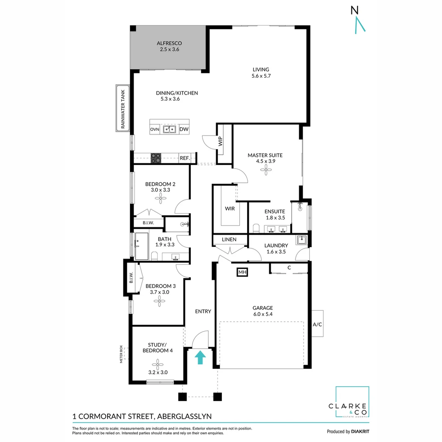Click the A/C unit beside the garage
coord(317,324)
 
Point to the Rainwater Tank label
coord(122,108)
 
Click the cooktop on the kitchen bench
coord(156,158)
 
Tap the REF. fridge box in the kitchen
coord(185,158)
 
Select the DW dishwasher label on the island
coord(184,129)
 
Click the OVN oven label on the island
coord(154,129)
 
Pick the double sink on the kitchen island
coord(169,129)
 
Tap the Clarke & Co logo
coord(352,403)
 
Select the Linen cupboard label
coord(229,239)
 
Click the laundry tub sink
coord(302,240)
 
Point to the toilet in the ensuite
coord(256,228)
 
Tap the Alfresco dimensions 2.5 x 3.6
coord(169,50)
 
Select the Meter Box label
coord(122,354)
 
